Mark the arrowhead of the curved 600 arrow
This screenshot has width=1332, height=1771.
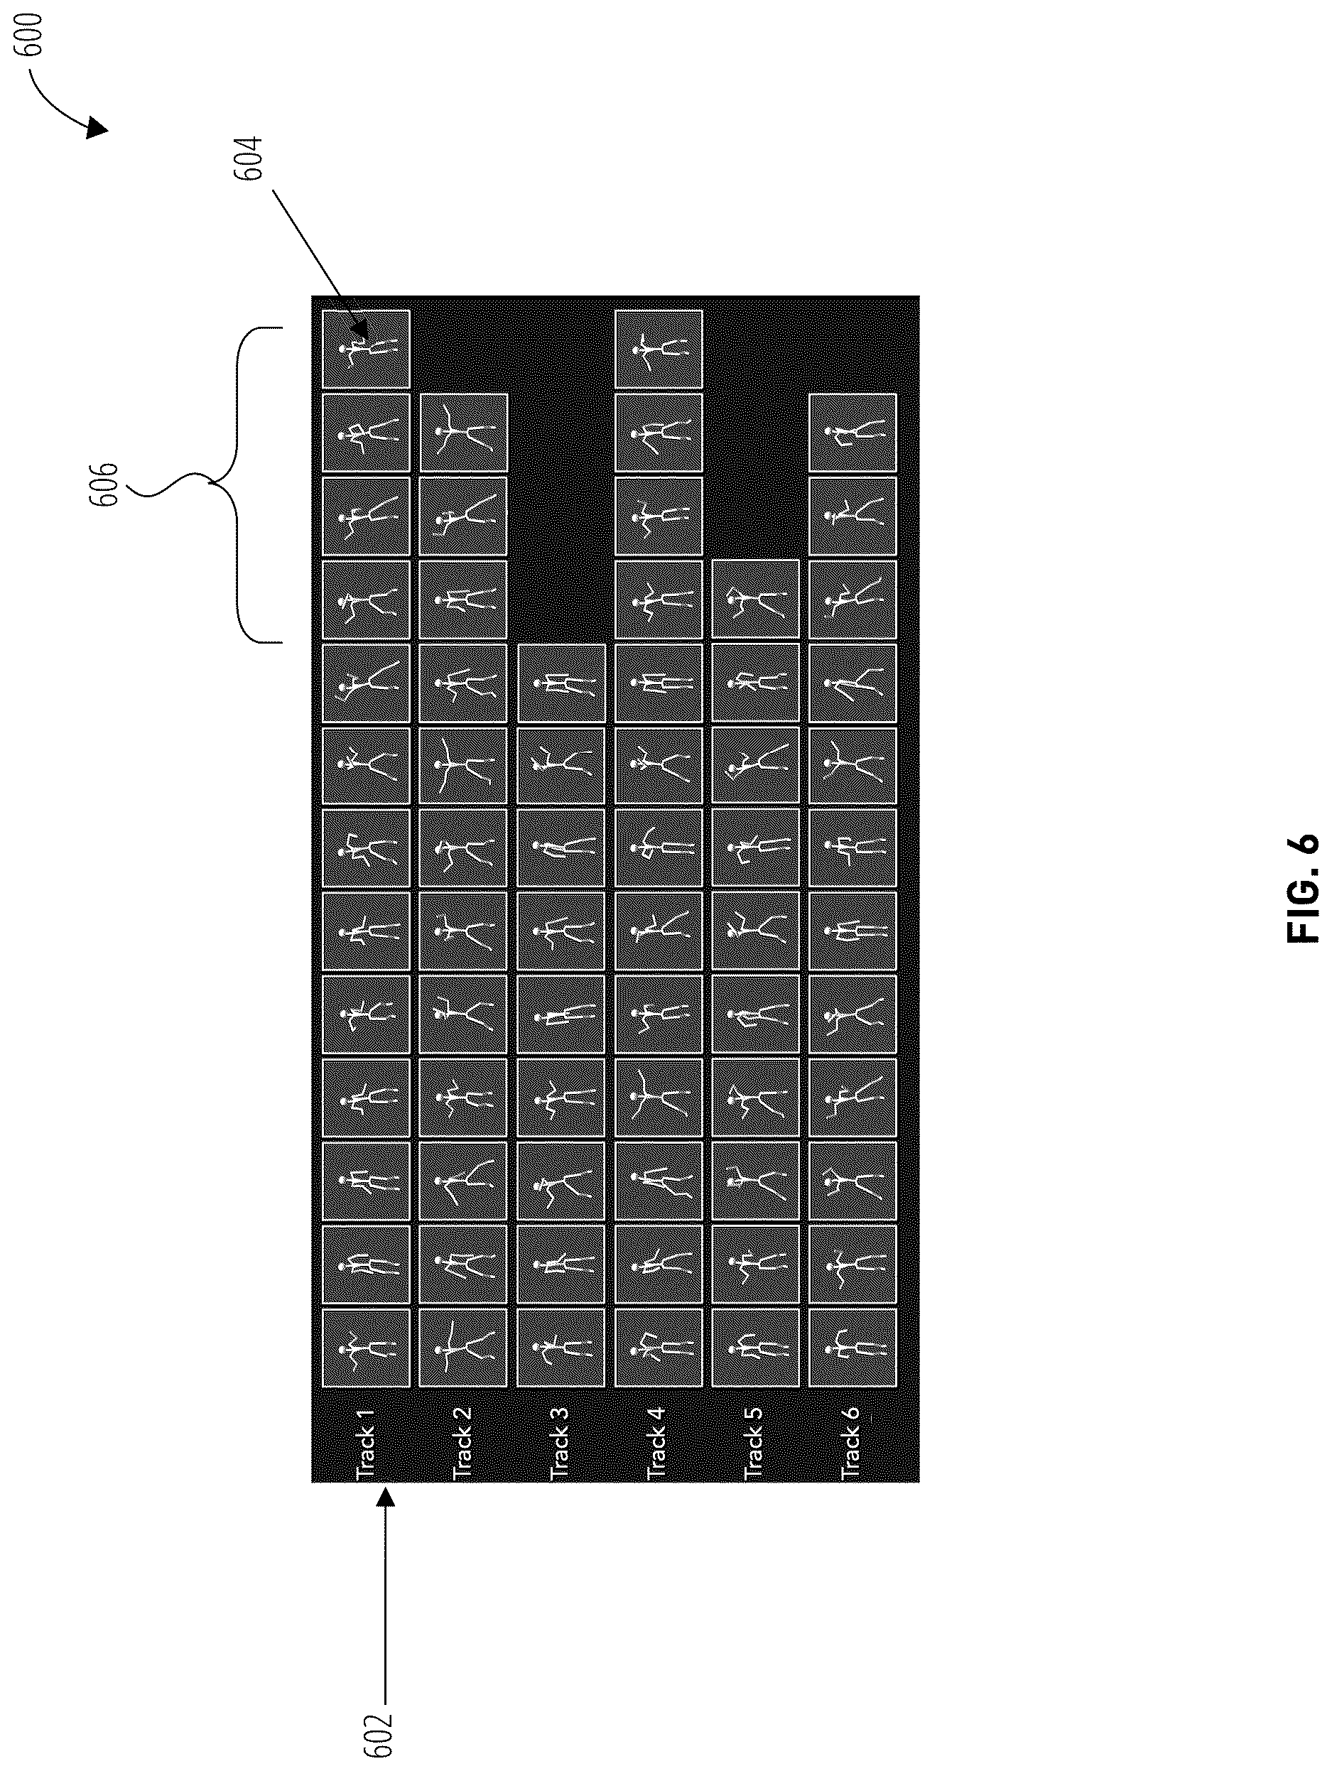pos(96,127)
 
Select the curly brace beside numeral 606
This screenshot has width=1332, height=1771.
pos(236,484)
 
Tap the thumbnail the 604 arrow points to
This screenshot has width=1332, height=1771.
pos(366,349)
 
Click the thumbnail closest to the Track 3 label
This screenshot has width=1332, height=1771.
pos(561,1348)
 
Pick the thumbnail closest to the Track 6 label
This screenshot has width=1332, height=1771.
pos(852,1348)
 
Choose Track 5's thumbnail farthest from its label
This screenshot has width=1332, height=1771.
pos(755,599)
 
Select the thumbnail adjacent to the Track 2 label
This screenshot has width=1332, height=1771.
pos(462,1348)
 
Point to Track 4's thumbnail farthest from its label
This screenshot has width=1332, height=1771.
pos(658,349)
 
